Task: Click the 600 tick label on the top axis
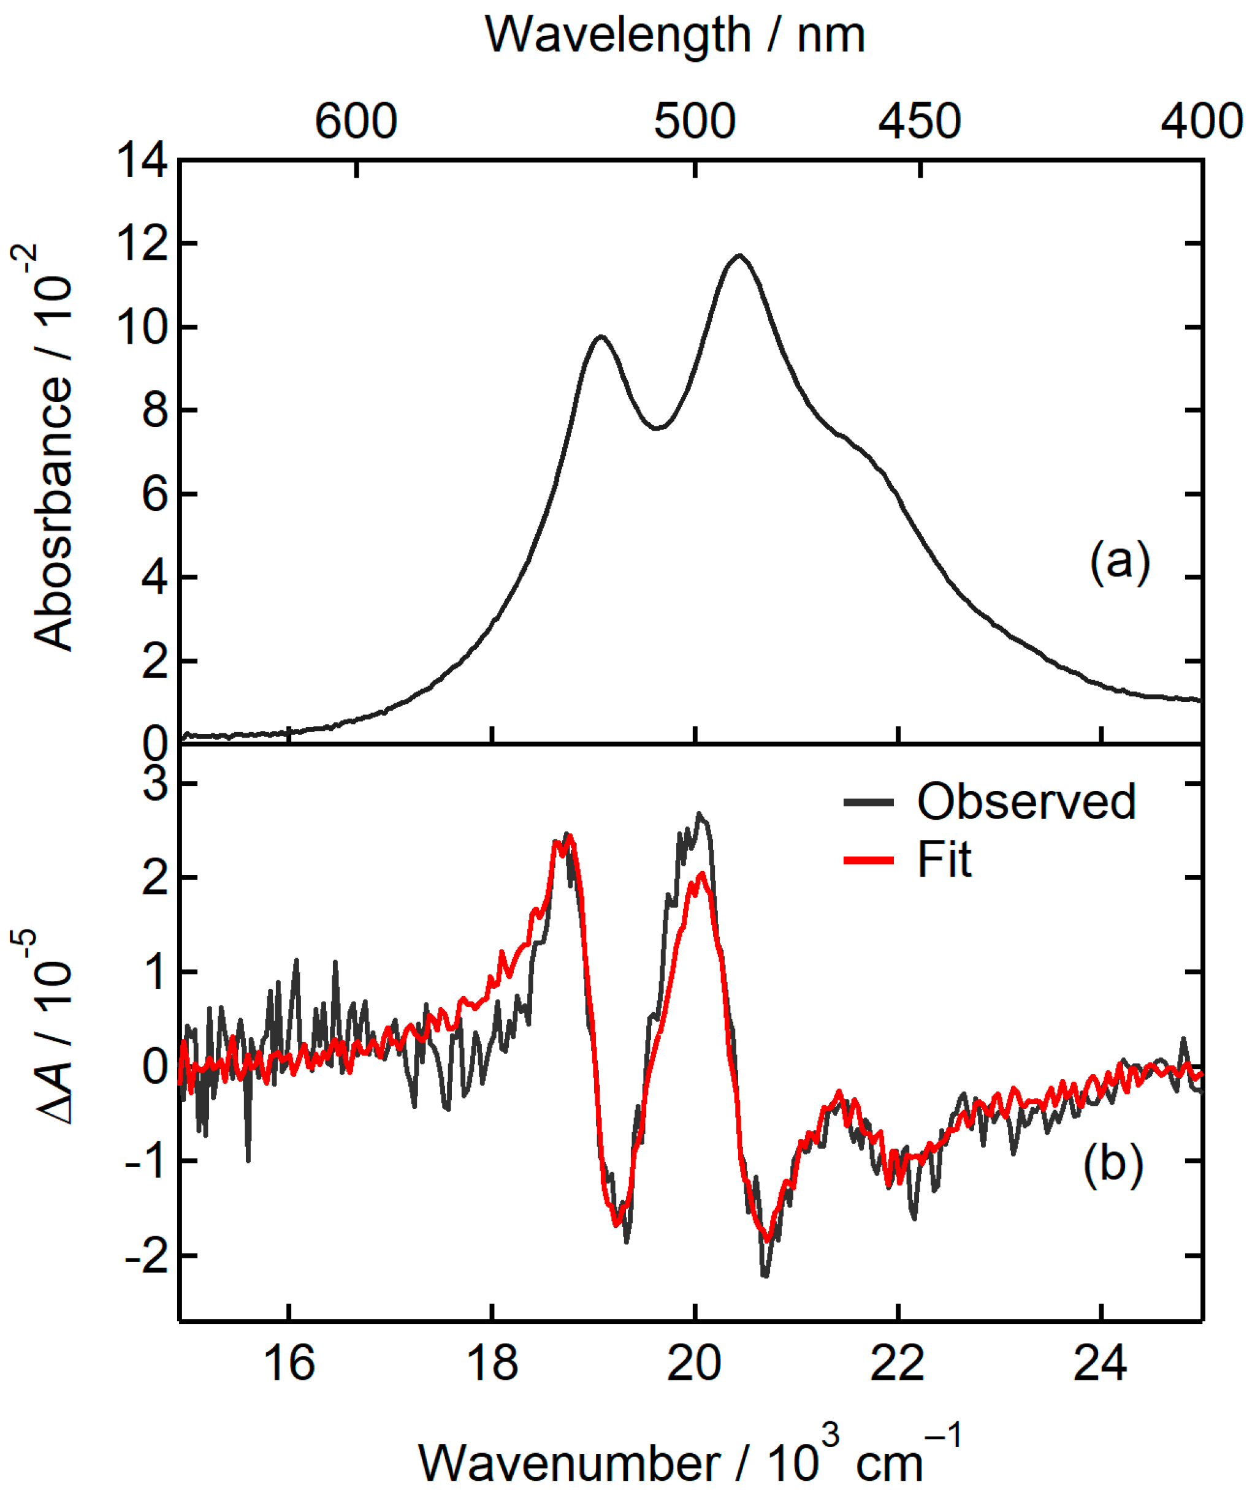(x=356, y=121)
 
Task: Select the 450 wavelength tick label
(x=919, y=121)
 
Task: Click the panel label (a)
(x=1119, y=561)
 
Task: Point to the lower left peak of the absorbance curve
(x=601, y=336)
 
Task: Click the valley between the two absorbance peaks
(x=658, y=428)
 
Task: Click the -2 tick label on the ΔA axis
(x=147, y=1255)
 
